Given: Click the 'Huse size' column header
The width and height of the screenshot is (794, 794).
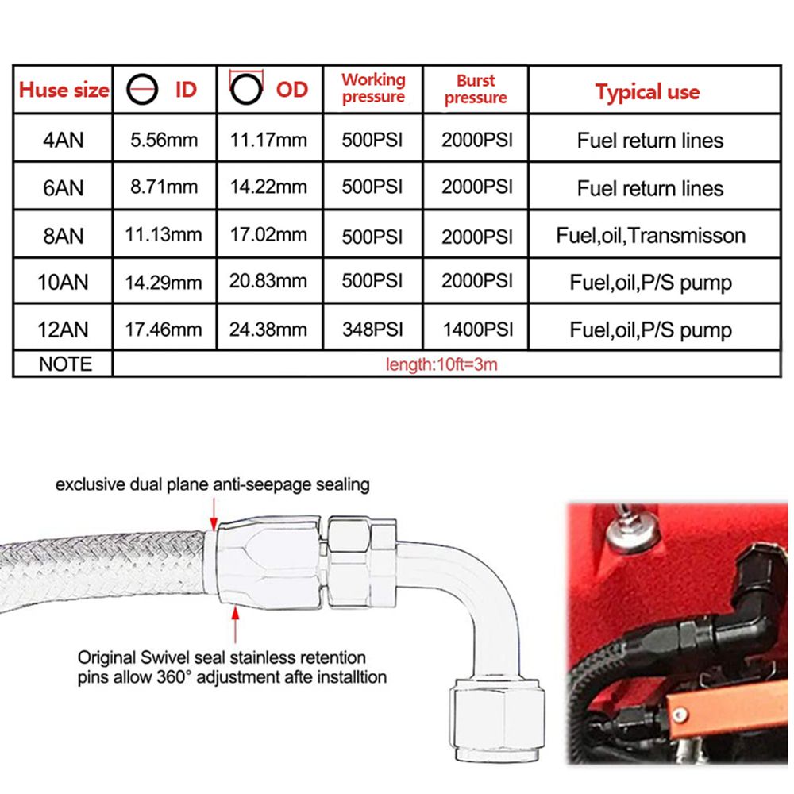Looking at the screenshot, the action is (64, 91).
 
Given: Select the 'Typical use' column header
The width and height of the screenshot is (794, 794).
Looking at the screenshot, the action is (647, 91).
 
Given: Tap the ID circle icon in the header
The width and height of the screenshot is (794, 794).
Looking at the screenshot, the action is (142, 90).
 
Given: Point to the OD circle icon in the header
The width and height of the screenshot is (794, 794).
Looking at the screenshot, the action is (247, 89).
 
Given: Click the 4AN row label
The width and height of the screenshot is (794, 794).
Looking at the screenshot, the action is (64, 141).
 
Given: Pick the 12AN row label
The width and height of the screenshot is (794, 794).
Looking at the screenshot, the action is (63, 330).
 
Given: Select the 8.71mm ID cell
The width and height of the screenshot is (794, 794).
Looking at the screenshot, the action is (164, 187).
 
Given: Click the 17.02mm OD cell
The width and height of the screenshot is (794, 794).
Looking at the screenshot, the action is (268, 234).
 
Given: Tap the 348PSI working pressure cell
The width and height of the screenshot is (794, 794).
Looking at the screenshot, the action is (372, 330).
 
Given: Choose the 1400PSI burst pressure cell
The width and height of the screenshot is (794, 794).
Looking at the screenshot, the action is (478, 330).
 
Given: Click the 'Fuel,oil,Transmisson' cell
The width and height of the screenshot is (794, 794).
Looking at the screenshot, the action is (651, 236).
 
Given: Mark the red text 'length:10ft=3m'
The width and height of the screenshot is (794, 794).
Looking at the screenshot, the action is (441, 364).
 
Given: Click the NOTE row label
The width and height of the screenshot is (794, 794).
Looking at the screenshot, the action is (65, 364).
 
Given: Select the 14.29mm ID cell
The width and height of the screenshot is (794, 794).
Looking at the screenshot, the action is (164, 283).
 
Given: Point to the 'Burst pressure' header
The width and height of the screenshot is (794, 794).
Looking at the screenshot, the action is (476, 89).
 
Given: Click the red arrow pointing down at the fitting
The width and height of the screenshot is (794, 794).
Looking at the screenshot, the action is (214, 514).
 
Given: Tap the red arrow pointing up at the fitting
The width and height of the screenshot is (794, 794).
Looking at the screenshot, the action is (235, 625).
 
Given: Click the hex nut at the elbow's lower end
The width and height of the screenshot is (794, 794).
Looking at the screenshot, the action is (497, 719).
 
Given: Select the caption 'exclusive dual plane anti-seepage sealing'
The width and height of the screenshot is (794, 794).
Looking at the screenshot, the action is (213, 484).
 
